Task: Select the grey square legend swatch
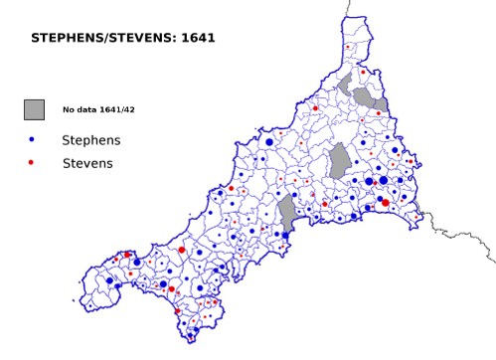(35, 109)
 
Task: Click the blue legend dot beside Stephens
(32, 140)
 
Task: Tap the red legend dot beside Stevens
(32, 162)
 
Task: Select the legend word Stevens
(86, 162)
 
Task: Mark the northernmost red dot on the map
(347, 47)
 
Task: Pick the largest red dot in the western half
(181, 251)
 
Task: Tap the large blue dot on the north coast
(268, 142)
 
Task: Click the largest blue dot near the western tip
(109, 280)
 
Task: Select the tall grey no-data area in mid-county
(339, 160)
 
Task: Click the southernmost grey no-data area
(287, 213)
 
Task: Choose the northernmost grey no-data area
(345, 84)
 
